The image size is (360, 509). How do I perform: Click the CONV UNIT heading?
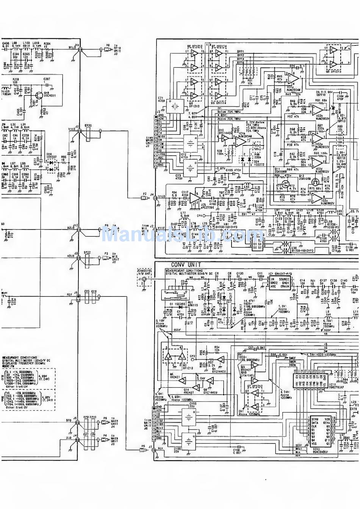tap(186, 265)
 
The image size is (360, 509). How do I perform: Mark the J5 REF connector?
tap(77, 299)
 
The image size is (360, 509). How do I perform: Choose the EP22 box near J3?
tap(88, 258)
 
